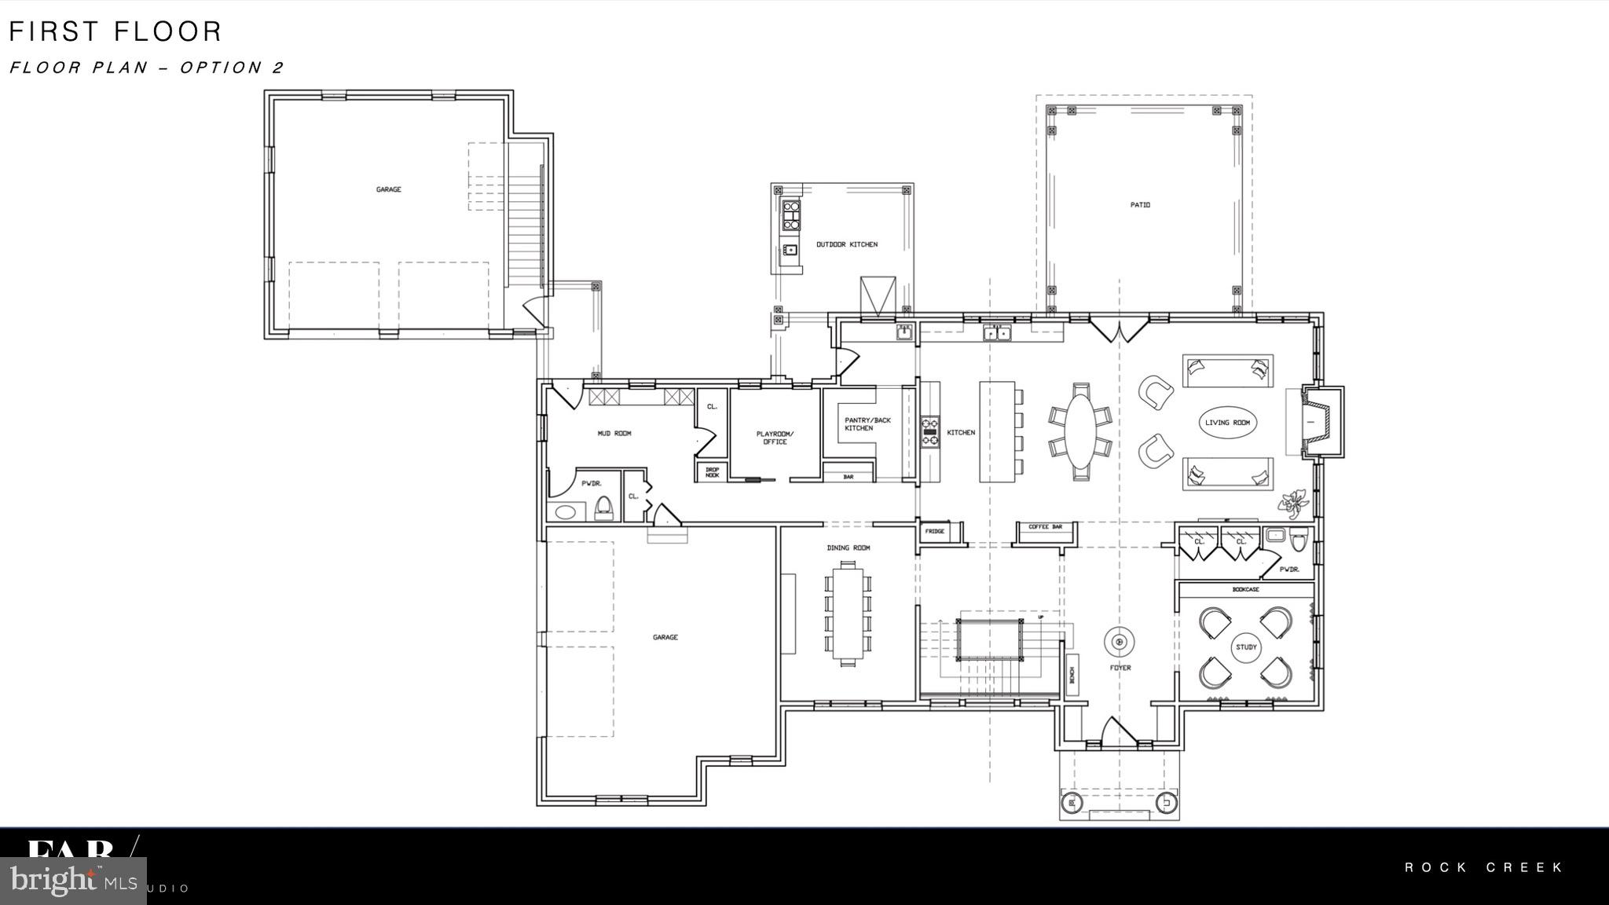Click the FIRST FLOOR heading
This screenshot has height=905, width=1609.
click(x=115, y=31)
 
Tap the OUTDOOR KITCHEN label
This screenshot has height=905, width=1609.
click(x=846, y=244)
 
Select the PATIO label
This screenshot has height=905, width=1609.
click(x=1140, y=205)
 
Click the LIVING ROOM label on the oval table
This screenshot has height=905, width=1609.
click(x=1227, y=423)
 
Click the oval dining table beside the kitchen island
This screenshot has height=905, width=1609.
click(x=1080, y=431)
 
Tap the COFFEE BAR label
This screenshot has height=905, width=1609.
click(x=1045, y=527)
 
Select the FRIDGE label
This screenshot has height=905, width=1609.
click(x=934, y=532)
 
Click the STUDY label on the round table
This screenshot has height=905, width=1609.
click(x=1246, y=647)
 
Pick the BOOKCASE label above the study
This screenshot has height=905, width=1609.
click(x=1245, y=589)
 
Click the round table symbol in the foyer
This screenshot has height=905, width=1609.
click(x=1120, y=642)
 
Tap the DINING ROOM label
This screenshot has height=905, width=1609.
click(x=848, y=548)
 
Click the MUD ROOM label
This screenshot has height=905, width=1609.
click(x=614, y=433)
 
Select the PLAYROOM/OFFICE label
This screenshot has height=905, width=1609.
click(x=775, y=438)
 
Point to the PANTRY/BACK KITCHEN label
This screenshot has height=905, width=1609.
click(x=867, y=424)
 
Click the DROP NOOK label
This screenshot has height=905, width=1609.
click(x=712, y=472)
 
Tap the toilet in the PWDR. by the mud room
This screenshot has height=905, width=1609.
click(x=603, y=507)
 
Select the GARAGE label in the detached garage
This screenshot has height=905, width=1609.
click(x=388, y=189)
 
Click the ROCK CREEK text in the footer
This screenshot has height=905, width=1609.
click(x=1484, y=867)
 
